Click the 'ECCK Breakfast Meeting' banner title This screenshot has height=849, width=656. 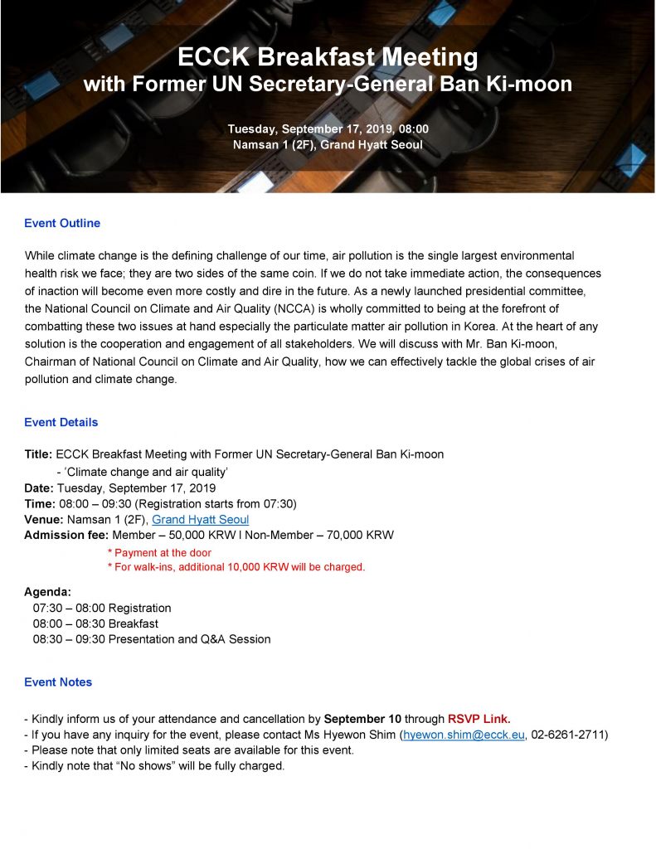(x=328, y=57)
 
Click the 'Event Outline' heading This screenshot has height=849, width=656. (x=62, y=223)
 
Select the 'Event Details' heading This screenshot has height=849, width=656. (x=61, y=422)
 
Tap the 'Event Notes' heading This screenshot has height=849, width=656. (x=58, y=682)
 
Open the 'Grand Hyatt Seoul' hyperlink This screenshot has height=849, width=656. (x=200, y=519)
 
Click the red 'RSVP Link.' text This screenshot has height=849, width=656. (x=479, y=718)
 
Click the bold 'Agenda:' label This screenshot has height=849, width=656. (x=47, y=592)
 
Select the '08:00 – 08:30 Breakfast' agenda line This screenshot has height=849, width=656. (x=95, y=623)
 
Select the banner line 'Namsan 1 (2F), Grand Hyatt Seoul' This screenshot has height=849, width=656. (x=328, y=145)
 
